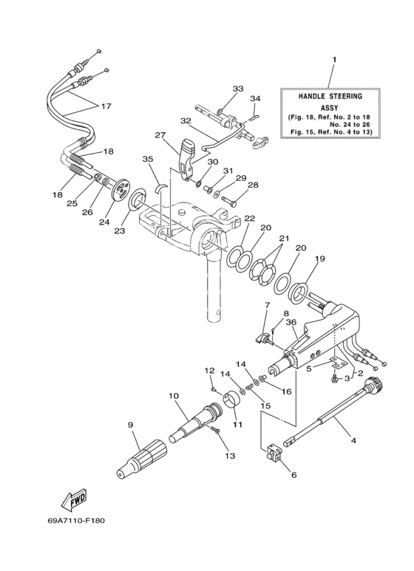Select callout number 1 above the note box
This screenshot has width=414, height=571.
point(333,58)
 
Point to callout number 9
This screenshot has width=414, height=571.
point(130,425)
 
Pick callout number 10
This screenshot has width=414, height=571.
point(174,396)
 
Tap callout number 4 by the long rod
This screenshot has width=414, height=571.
point(353,441)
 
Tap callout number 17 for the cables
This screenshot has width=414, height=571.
point(106,106)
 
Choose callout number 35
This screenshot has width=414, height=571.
point(147,159)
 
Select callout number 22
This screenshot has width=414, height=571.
point(249,218)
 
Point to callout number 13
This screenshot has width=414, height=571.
point(230,456)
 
